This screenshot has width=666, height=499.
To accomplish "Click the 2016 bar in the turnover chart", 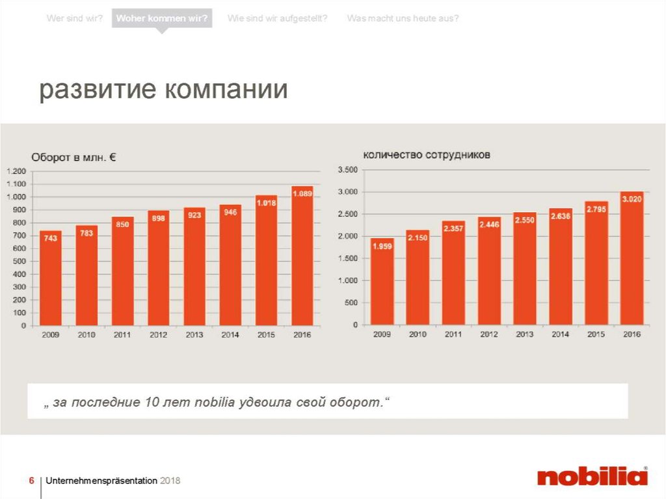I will click(302, 257).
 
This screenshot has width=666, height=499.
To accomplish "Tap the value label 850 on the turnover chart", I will click(122, 224).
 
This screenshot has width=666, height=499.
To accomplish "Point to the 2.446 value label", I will click(489, 224).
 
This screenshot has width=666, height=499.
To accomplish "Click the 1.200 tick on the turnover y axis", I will click(17, 171).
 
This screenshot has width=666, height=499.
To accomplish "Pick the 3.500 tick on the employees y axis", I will click(348, 170).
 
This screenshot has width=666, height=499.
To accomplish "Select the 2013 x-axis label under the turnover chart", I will click(194, 335).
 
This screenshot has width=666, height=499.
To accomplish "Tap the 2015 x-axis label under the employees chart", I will click(596, 334).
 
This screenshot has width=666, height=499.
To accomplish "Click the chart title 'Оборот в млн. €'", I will click(74, 157).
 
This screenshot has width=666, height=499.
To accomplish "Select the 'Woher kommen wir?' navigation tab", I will click(162, 18).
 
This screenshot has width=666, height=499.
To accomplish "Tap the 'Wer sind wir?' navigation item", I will click(74, 18).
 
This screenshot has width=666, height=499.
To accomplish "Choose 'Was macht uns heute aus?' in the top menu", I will click(403, 18).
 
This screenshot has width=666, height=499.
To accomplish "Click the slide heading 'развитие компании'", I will click(163, 90).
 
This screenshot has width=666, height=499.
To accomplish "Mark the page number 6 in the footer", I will click(31, 481).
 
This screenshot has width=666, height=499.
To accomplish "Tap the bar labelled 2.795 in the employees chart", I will click(596, 263).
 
